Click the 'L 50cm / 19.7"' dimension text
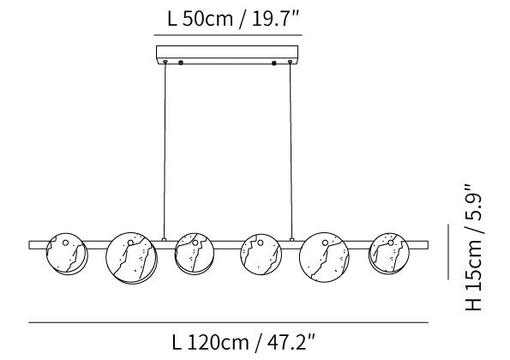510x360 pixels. coord(233,19)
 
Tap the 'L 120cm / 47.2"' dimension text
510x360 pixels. coord(243,342)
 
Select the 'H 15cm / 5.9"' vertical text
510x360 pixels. coord(473,247)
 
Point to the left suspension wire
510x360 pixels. coord(165,151)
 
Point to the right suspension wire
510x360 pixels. coord(291,151)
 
